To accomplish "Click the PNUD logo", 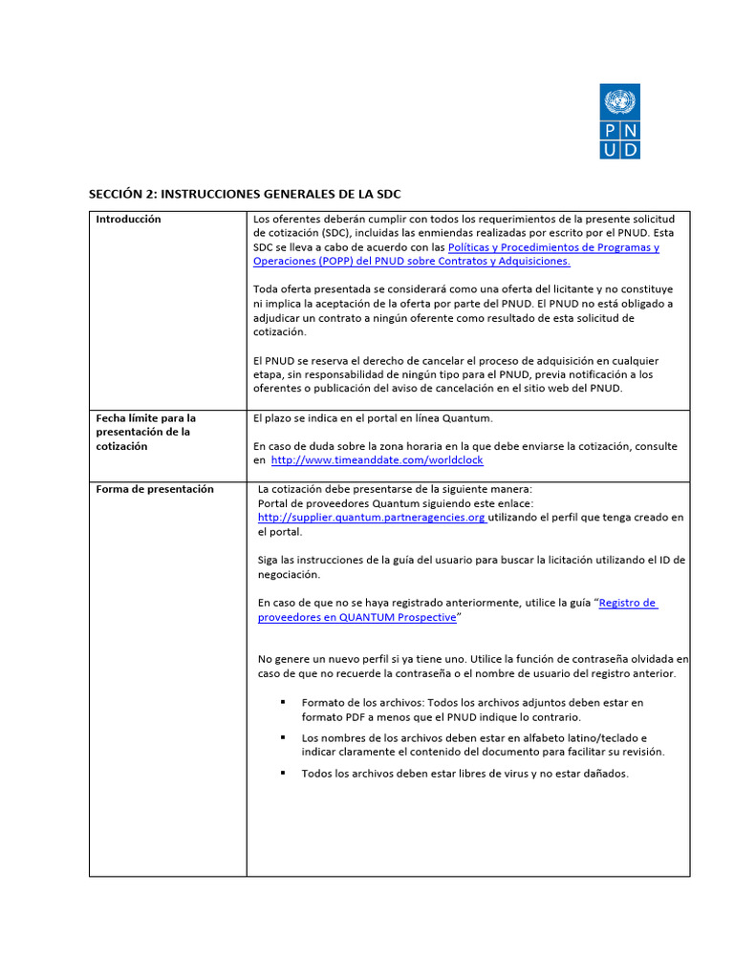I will click(x=619, y=121).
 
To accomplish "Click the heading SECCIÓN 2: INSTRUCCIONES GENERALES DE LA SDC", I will click(x=245, y=194).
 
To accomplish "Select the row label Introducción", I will click(x=128, y=220).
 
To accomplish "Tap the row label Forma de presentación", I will click(x=155, y=489).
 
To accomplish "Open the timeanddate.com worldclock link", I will click(x=378, y=460).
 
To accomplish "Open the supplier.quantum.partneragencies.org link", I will click(x=372, y=518).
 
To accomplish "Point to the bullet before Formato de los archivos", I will click(x=283, y=702).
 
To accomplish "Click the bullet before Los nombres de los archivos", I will click(x=283, y=737).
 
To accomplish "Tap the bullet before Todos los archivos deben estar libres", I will click(x=283, y=773).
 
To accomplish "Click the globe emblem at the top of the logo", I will click(x=619, y=100).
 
